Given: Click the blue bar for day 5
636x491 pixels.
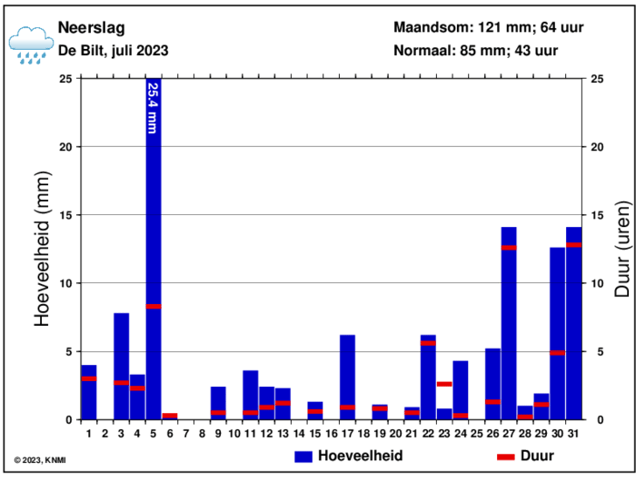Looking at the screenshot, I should (x=154, y=272).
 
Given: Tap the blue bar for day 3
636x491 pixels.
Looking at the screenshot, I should (x=121, y=363).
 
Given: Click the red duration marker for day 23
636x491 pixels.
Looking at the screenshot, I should (x=444, y=384).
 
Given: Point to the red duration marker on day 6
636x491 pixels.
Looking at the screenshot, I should (x=170, y=416).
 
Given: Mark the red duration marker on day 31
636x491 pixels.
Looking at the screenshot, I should (x=573, y=245).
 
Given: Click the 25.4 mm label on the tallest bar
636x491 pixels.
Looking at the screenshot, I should (x=153, y=108).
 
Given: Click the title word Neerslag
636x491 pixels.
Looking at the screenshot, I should (x=92, y=27).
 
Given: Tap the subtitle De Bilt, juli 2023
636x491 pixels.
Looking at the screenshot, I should (x=113, y=51).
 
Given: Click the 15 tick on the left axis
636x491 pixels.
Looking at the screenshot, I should (x=65, y=215).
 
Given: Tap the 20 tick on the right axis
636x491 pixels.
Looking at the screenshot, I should (x=598, y=147).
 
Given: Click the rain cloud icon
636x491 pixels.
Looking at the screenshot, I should (x=31, y=44).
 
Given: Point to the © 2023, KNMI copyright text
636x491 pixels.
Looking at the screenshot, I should (x=40, y=460).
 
